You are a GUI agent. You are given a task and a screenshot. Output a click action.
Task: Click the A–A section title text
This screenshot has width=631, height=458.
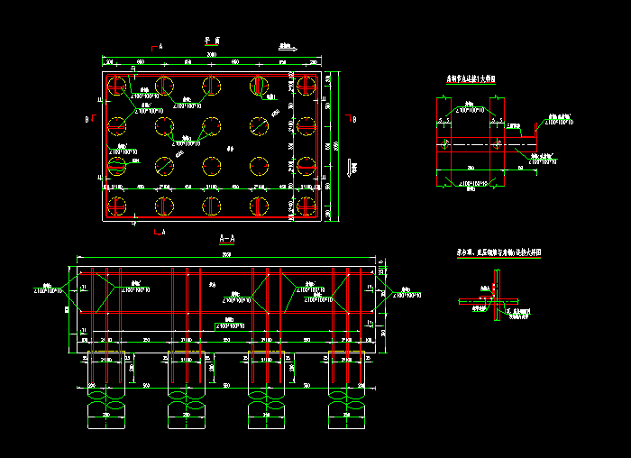click(x=227, y=240)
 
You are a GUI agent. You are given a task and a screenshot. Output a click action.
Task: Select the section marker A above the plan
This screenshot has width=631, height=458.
click(x=160, y=45)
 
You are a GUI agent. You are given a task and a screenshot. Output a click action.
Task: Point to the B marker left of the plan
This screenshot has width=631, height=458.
click(x=87, y=118)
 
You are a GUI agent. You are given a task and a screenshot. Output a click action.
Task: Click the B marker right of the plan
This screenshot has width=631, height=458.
click(x=353, y=119)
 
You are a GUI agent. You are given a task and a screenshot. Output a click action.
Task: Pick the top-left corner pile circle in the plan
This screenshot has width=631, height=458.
click(x=116, y=86)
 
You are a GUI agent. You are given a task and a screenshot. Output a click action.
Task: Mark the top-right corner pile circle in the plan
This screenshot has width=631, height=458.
click(x=306, y=86)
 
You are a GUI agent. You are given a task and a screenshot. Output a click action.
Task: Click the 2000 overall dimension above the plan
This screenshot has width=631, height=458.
click(x=211, y=56)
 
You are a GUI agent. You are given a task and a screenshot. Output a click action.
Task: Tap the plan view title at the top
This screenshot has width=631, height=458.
click(x=211, y=41)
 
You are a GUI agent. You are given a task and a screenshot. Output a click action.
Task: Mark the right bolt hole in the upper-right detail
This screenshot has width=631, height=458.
click(x=498, y=144)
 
